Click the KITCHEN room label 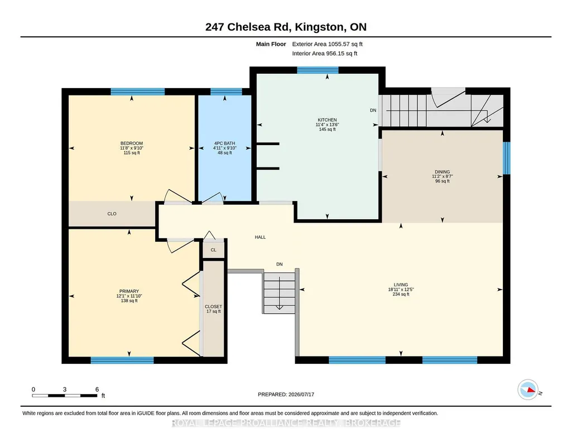click(327, 120)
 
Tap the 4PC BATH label click(225, 143)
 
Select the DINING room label click(442, 172)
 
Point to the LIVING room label click(401, 285)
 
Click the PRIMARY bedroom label click(129, 291)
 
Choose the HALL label click(260, 237)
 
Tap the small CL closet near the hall click(213, 250)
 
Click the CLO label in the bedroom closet click(112, 214)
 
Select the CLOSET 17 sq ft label click(213, 309)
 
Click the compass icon click(528, 390)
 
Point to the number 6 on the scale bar click(97, 389)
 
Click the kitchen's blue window click(318, 70)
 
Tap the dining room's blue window click(506, 158)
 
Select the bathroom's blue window click(226, 92)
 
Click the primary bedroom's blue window click(122, 361)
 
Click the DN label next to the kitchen click(373, 110)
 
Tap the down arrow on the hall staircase click(280, 293)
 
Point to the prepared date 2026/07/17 click(301, 394)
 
